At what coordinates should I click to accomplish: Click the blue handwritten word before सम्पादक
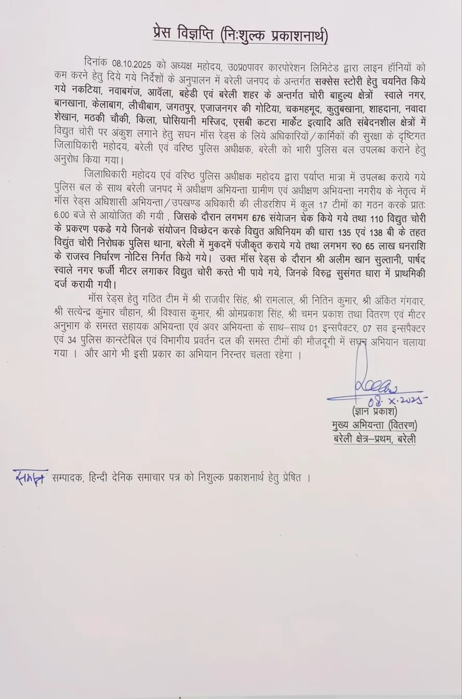click(29, 477)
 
